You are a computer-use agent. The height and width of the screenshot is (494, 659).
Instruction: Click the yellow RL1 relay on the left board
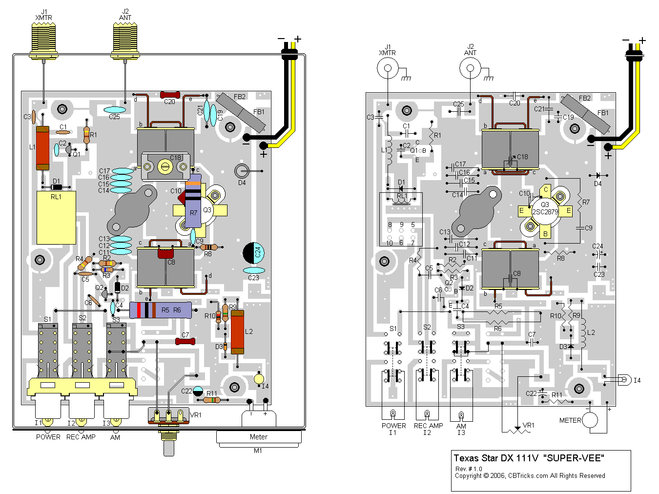[56, 217]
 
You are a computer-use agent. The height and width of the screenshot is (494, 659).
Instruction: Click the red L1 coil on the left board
[43, 148]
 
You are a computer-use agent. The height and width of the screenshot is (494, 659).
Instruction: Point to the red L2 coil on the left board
[237, 332]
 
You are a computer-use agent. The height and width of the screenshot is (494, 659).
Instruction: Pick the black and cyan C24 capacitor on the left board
[254, 252]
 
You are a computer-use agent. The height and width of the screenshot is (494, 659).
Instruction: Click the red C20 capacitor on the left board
[170, 94]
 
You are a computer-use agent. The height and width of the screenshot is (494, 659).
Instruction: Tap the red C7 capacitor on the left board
[185, 341]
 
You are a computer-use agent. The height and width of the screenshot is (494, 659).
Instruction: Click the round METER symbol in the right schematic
[590, 420]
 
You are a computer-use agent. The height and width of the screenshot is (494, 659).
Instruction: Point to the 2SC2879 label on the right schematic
[545, 212]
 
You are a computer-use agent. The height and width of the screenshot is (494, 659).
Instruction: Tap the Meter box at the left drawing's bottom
[258, 437]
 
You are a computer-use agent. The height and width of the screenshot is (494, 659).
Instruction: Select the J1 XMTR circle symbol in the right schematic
[388, 68]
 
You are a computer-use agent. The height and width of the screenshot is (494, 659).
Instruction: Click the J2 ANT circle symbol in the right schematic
[470, 68]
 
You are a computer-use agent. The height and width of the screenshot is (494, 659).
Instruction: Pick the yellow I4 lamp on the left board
[259, 379]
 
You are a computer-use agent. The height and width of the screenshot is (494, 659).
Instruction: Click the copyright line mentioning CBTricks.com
[530, 475]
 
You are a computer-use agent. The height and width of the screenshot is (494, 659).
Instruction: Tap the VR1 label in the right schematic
[528, 426]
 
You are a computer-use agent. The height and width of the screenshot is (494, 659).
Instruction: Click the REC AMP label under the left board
[81, 437]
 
